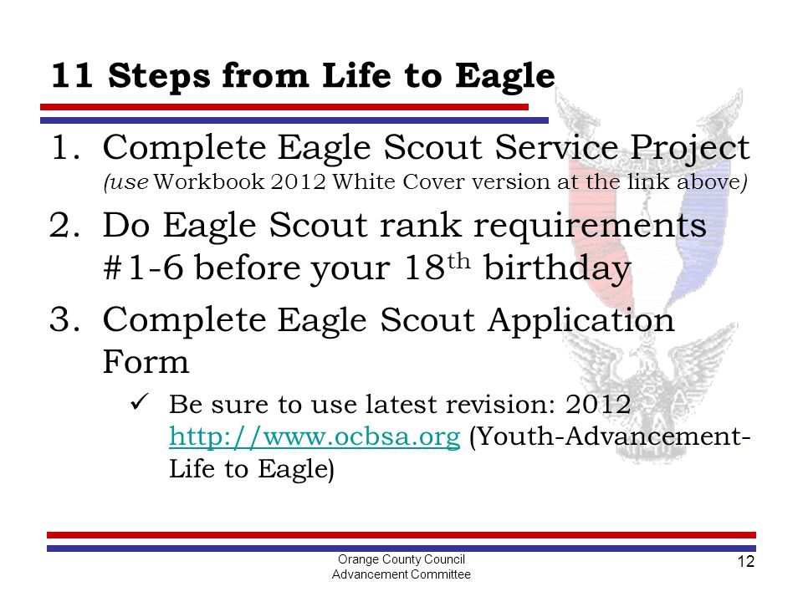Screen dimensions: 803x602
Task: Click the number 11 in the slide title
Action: click(x=72, y=75)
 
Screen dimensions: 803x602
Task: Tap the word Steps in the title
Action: click(x=159, y=77)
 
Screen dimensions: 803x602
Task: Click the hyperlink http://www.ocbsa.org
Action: click(x=315, y=436)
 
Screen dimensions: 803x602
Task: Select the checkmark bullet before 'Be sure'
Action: click(x=140, y=402)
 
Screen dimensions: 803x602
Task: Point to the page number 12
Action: click(x=745, y=562)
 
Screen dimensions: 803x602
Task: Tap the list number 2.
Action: click(x=64, y=225)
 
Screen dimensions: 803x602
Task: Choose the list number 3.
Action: click(x=64, y=319)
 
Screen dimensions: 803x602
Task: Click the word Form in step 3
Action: click(x=146, y=362)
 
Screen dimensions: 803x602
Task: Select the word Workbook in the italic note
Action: click(x=209, y=181)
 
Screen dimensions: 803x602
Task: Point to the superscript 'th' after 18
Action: click(x=459, y=261)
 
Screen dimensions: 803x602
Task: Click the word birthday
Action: click(x=557, y=268)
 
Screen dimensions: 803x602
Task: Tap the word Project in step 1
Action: click(x=690, y=149)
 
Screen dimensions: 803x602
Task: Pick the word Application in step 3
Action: click(x=581, y=321)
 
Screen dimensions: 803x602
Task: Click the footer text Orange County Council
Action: click(x=401, y=559)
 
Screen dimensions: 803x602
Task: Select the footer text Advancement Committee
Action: click(x=401, y=574)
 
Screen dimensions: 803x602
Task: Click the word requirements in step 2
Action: click(x=590, y=227)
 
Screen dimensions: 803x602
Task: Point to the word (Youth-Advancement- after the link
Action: click(x=610, y=436)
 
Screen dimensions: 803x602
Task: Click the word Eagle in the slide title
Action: click(x=505, y=77)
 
